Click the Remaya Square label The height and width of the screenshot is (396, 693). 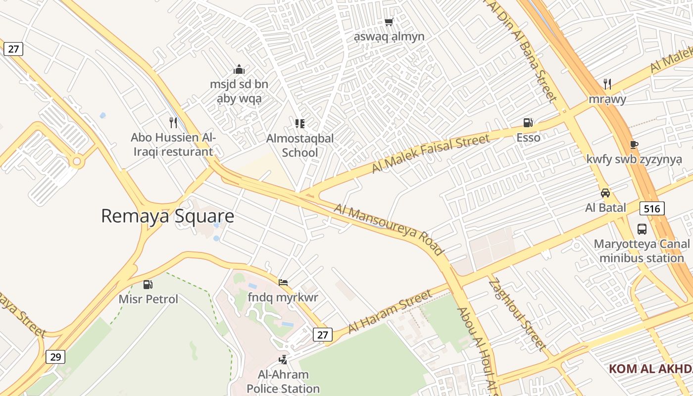167,216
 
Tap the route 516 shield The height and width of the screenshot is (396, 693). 652,208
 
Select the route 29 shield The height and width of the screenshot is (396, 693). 55,356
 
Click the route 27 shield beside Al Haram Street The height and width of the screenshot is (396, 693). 322,335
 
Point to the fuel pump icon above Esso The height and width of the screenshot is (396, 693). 528,123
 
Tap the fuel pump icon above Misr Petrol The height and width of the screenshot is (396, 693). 148,285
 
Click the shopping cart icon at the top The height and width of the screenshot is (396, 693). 389,22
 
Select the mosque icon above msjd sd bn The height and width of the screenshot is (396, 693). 239,69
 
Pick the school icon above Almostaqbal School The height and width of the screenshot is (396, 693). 300,123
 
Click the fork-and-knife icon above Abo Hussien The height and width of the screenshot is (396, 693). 173,122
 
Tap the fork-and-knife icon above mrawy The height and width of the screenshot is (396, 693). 607,84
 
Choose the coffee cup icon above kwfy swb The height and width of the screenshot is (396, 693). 634,145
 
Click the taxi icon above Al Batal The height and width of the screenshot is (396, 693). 605,193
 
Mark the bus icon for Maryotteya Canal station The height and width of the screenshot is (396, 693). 642,229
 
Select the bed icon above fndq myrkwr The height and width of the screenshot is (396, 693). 283,283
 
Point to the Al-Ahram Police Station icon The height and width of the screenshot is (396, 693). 283,360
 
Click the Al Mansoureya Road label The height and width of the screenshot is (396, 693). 388,229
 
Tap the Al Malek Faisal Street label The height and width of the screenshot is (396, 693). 431,153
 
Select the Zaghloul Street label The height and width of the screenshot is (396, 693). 518,315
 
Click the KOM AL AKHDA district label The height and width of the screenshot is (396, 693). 650,369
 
